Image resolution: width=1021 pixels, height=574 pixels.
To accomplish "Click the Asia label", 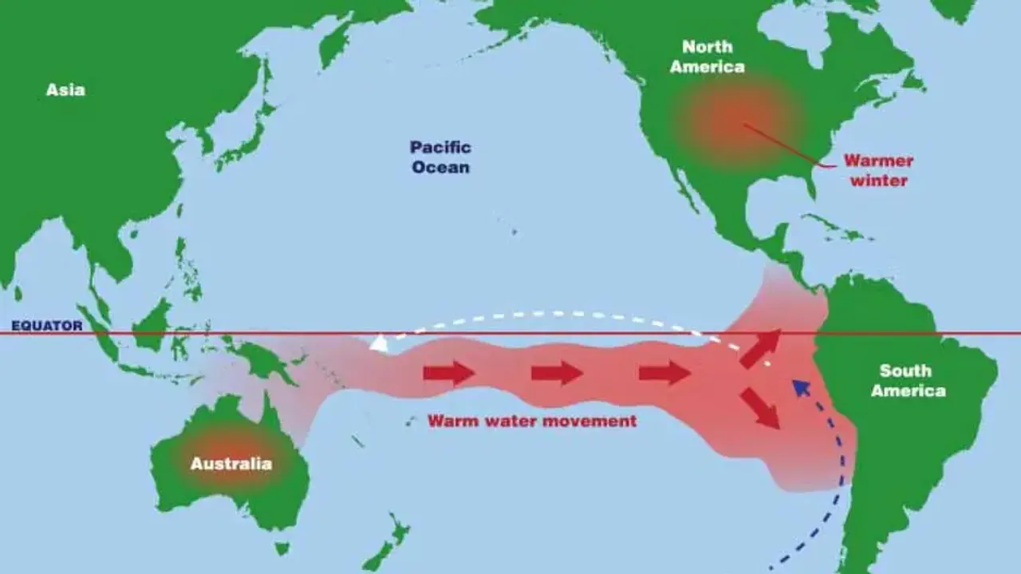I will click(65, 90).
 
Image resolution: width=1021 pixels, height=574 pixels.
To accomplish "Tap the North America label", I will click(707, 57).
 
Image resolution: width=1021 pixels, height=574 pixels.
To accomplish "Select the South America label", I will click(908, 381).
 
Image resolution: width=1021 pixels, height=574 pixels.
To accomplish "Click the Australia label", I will click(231, 464).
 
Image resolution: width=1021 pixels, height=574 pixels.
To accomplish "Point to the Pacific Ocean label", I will click(440, 157).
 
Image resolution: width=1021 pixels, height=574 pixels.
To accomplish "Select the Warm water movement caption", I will click(532, 421).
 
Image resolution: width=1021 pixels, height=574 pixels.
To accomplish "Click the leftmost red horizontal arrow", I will click(448, 373).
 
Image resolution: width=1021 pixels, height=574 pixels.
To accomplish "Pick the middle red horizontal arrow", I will click(557, 373).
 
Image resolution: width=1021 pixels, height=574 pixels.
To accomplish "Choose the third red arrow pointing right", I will click(664, 373).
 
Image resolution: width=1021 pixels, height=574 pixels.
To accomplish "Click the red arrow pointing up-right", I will click(761, 348).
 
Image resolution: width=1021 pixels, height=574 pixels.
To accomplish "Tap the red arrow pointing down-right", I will click(761, 408).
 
